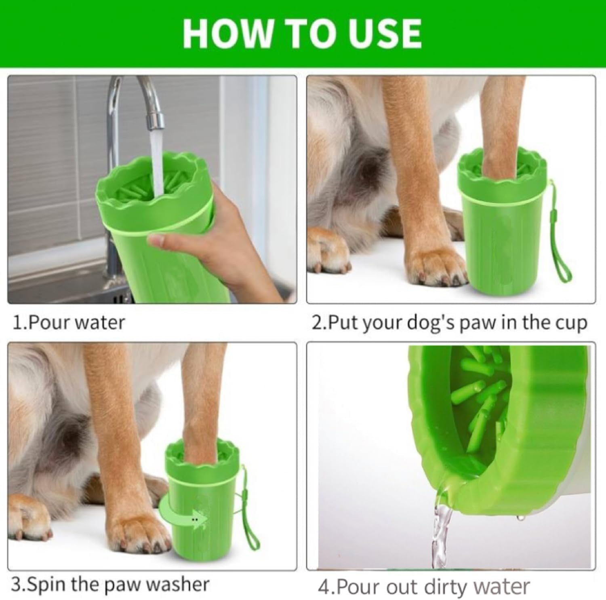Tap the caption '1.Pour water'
pyautogui.click(x=69, y=323)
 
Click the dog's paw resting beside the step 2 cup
pyautogui.click(x=436, y=267)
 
